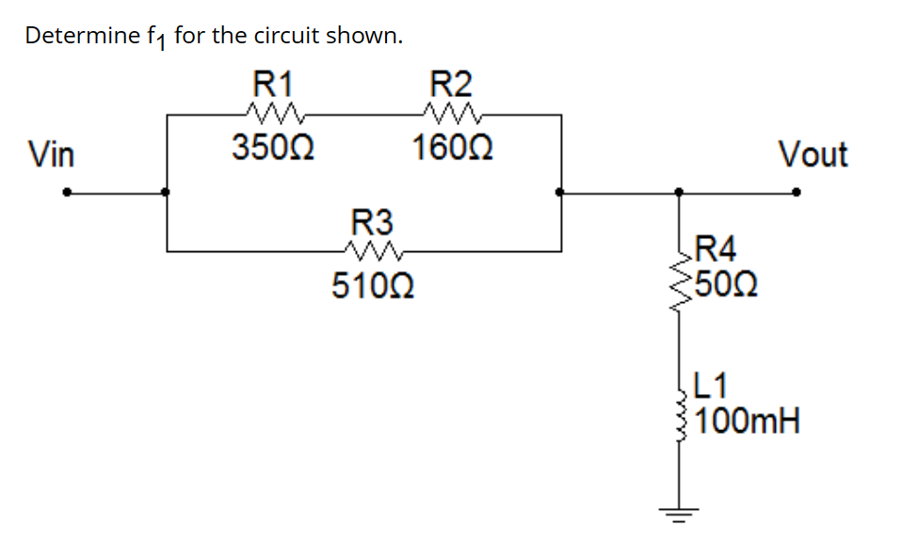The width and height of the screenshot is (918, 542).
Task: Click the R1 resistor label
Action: point(273,84)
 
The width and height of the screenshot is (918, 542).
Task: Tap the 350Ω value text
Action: point(273,148)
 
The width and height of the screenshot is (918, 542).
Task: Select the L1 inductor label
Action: point(712,385)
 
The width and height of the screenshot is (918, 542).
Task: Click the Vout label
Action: point(813,154)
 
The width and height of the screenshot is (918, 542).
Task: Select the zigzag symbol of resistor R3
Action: point(374,251)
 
